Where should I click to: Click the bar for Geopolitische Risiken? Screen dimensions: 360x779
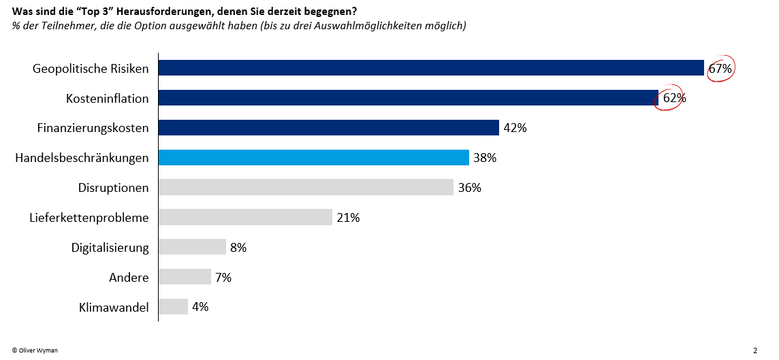coord(431,68)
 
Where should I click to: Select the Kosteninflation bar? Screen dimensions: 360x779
coord(409,98)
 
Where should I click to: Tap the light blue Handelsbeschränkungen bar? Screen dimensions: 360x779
coord(314,158)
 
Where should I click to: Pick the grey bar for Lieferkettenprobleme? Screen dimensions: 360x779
coord(245,217)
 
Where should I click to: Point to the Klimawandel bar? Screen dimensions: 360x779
coord(174,307)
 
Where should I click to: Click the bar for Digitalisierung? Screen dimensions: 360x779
coord(192,247)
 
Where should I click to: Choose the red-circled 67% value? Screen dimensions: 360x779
coord(720,68)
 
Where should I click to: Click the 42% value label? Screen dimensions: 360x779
coord(515,128)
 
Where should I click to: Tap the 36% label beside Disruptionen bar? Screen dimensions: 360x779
coord(469,188)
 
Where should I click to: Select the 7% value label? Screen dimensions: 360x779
coord(223,277)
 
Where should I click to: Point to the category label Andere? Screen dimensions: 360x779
coord(129,277)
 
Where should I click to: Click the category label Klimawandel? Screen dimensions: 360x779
coord(114,307)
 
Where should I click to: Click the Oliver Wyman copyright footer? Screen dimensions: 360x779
coord(35,350)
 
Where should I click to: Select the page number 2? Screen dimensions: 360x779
coord(755,350)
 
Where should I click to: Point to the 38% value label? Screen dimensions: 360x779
coord(485,158)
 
